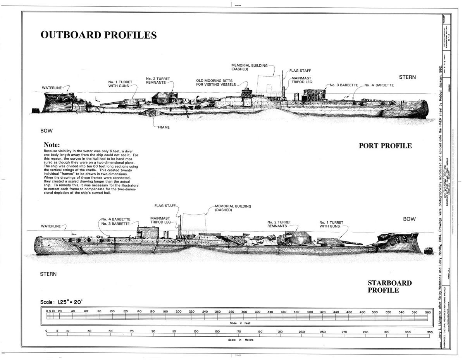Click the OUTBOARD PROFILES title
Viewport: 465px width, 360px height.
98,35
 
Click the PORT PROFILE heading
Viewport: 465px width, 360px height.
385,146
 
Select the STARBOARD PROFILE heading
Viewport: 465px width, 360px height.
389,286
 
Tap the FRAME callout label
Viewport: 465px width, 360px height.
164,127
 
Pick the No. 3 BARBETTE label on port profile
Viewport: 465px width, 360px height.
344,85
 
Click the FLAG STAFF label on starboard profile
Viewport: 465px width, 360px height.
165,205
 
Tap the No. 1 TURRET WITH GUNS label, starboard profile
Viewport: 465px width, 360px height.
331,224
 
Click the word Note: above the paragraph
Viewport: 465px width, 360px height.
52,145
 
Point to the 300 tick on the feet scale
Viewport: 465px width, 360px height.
244,312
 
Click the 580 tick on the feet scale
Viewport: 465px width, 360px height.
427,312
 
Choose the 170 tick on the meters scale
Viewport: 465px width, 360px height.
239,332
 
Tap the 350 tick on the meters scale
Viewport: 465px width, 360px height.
429,332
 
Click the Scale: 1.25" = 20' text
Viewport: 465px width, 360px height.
61,302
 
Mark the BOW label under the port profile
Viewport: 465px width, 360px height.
46,131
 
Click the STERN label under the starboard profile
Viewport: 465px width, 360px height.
48,274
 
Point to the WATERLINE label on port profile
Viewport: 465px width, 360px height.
52,88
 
